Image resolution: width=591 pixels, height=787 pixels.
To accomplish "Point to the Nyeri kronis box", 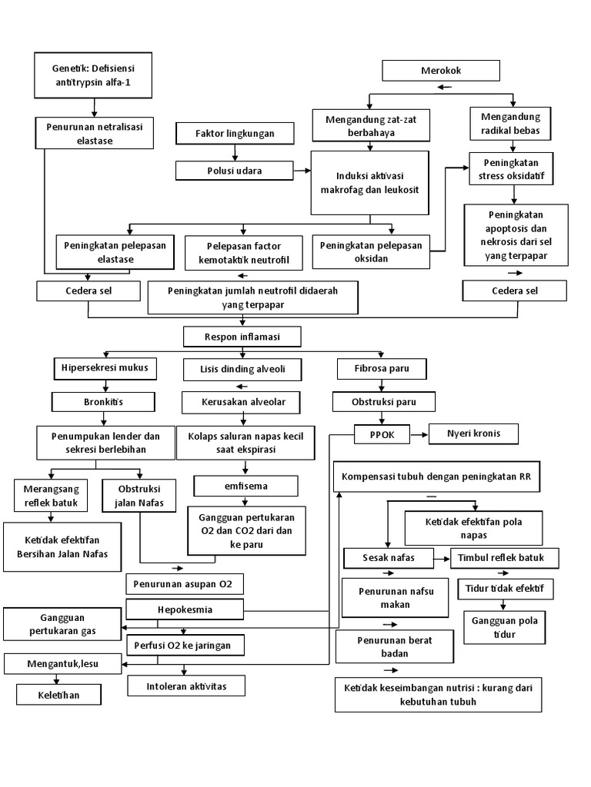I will point(473,433).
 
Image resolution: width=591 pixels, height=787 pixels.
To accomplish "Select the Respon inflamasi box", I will point(242,337).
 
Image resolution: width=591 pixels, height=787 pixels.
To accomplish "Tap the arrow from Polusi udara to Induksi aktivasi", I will point(302,170).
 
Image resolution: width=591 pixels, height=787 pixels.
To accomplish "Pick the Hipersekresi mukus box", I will point(105,368).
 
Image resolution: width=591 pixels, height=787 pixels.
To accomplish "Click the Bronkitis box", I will point(103,401).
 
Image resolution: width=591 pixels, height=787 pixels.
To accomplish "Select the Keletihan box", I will point(58,695).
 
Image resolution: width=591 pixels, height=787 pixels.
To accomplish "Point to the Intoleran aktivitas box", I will point(186,685).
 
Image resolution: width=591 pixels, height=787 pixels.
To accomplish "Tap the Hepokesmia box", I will point(185,610).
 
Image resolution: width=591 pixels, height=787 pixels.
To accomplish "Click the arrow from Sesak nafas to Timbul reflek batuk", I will point(444,557).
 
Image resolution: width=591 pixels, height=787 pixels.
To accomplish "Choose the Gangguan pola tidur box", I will point(505,627).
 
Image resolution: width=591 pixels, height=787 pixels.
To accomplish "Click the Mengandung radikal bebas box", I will point(510,124).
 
